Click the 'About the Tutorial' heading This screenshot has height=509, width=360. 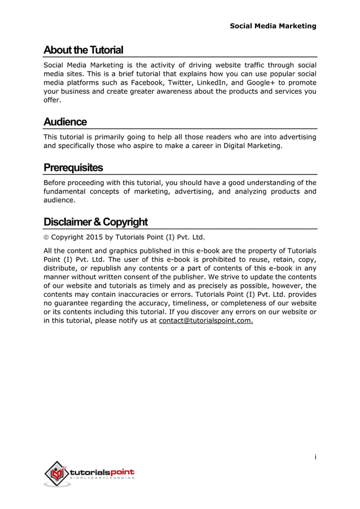84,50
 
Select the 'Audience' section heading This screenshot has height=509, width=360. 65,122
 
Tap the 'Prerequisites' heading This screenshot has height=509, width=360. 73,168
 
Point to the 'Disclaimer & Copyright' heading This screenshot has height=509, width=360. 96,221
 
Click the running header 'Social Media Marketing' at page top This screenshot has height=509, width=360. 273,26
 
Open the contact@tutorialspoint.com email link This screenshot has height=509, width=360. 206,322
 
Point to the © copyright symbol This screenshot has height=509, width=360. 47,236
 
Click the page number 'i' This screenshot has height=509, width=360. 315,457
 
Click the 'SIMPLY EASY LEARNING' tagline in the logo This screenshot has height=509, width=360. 102,479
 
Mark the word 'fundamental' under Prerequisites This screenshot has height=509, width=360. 67,191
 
